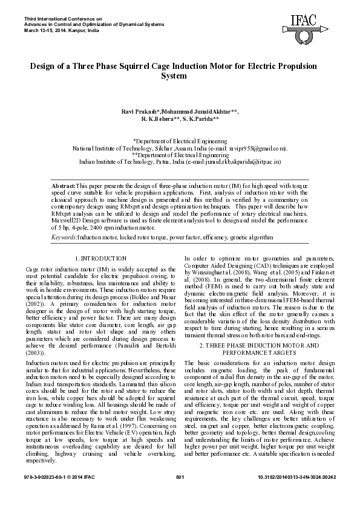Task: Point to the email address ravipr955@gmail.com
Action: coord(257,148)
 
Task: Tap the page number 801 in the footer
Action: coord(179,494)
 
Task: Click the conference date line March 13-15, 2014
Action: coord(39,29)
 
